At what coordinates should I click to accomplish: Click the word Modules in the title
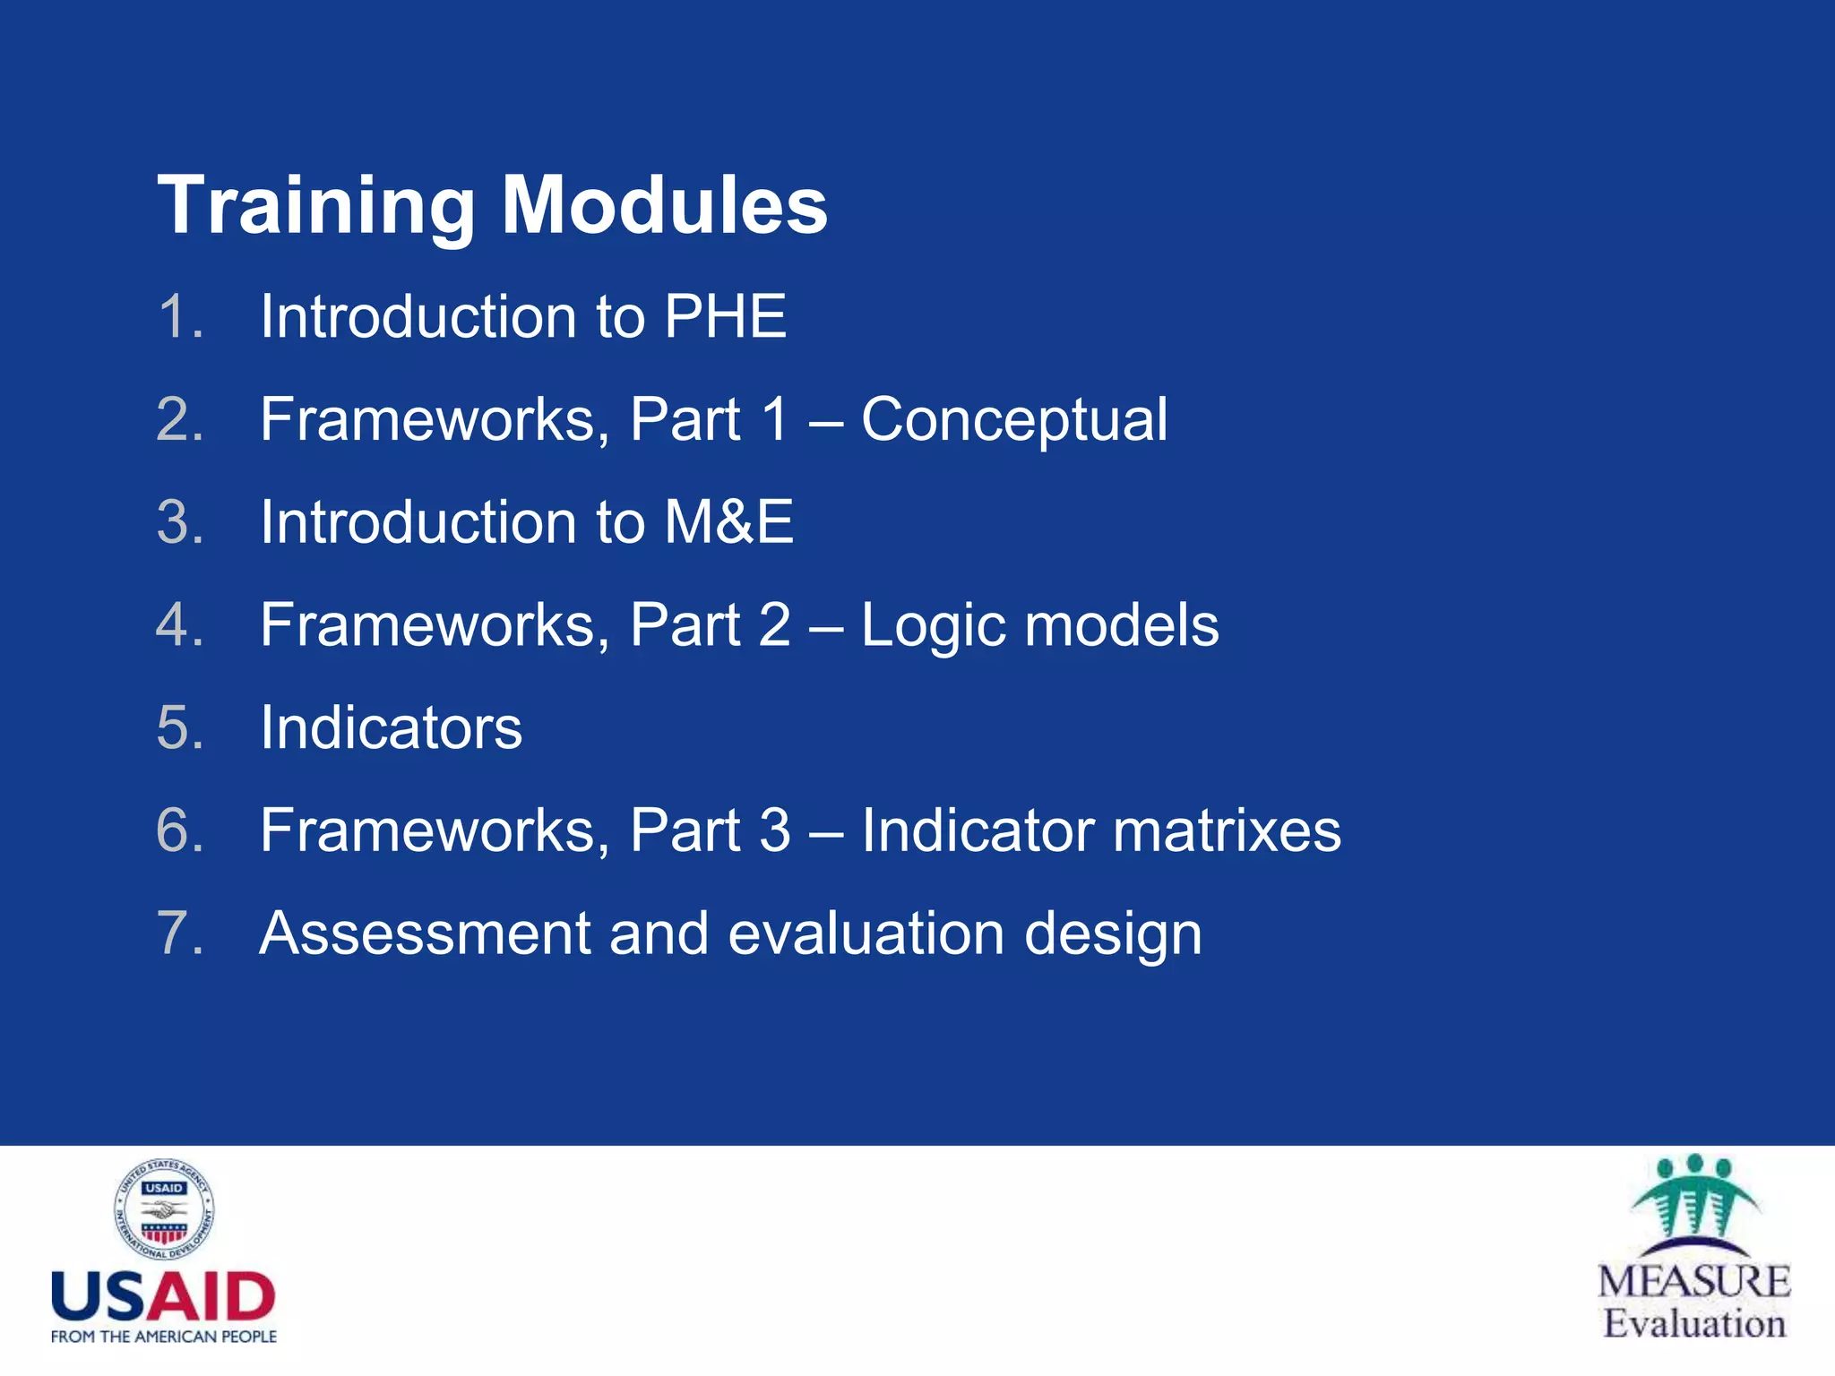click(x=664, y=206)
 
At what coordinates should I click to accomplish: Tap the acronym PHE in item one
click(x=725, y=317)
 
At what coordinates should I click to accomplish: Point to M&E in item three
click(x=728, y=522)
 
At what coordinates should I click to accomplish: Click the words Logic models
click(x=1039, y=624)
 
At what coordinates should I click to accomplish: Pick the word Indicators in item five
click(x=391, y=727)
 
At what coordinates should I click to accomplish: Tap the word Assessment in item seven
click(x=425, y=933)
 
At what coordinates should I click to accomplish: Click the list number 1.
click(x=180, y=317)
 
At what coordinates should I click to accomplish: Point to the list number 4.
click(x=180, y=624)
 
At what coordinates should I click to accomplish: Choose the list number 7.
click(x=180, y=933)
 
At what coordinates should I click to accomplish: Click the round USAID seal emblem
click(x=164, y=1210)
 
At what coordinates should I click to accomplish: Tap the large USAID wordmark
click(x=163, y=1297)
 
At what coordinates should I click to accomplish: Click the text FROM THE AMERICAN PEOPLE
click(x=163, y=1337)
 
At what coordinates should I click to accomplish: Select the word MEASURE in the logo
click(x=1693, y=1281)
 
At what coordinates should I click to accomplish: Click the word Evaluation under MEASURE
click(x=1693, y=1323)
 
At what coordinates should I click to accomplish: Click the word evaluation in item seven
click(x=866, y=933)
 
